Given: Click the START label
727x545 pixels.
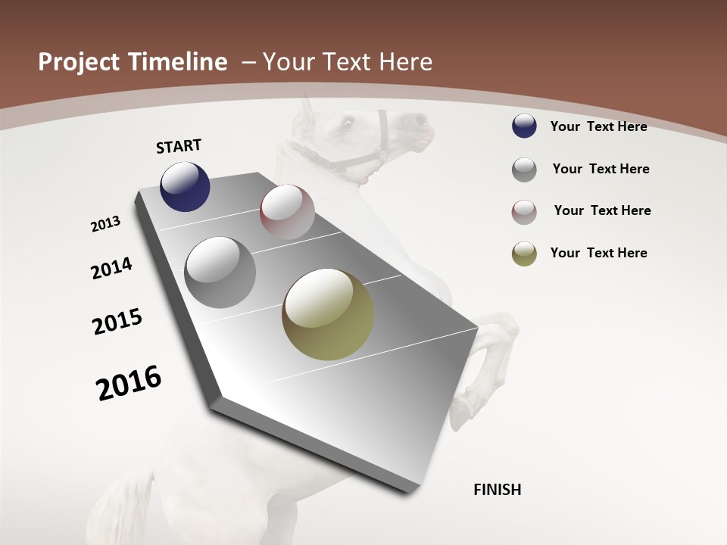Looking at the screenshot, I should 179,146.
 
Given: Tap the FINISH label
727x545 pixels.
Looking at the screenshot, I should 498,490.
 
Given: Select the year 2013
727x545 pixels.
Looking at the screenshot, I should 106,224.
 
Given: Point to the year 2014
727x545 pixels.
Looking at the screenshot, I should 112,268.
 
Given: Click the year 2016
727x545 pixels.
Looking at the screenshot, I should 129,383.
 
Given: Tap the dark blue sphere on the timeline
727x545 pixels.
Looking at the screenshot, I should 185,186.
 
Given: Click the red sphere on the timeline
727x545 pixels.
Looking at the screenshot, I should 287,212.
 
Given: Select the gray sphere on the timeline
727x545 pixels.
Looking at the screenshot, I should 220,272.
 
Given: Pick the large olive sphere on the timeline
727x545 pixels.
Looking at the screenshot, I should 328,314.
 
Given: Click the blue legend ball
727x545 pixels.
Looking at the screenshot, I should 524,126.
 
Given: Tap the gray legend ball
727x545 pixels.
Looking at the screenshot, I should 524,170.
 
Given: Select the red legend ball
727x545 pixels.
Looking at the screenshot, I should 524,212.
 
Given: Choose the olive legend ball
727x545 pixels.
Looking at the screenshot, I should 524,254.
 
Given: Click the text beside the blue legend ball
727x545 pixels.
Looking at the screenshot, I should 599,126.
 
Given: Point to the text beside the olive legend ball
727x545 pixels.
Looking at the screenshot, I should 599,253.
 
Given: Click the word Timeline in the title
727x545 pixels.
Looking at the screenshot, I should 179,62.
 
